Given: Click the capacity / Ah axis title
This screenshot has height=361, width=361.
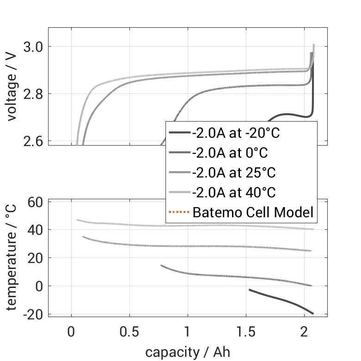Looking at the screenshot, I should click(x=188, y=352).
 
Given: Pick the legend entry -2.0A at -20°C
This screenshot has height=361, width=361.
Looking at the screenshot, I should click(x=236, y=133).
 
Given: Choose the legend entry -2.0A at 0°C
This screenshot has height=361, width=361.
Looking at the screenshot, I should click(x=230, y=153).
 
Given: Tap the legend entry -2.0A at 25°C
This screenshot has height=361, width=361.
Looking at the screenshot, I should click(x=233, y=173).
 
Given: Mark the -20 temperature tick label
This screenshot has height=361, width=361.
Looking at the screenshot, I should click(x=33, y=314).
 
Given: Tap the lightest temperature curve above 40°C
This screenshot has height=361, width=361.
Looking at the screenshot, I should click(x=185, y=226).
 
